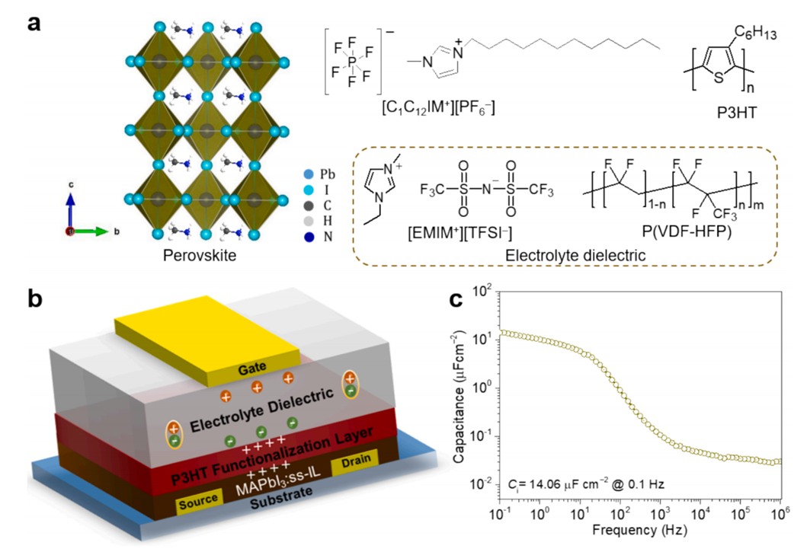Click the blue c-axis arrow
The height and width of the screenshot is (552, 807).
(x=70, y=209)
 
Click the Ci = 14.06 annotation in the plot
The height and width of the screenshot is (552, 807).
(x=568, y=484)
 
